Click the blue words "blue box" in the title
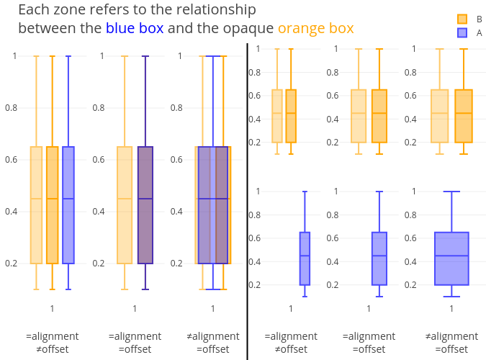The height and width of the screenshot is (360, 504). coord(135,28)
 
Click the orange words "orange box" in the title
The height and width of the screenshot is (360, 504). coord(315,29)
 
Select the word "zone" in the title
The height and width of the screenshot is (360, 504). coord(70,9)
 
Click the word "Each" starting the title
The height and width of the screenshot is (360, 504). coord(34,9)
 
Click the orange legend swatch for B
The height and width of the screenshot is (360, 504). coord(462,19)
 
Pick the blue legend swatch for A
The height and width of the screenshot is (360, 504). coord(462,33)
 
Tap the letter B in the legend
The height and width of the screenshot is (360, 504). coord(480,19)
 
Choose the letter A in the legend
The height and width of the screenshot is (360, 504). coord(480,33)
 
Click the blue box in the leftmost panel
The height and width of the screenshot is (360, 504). coord(68,205)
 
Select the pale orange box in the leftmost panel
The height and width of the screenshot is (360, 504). coord(36,205)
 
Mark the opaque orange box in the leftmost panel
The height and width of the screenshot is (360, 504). coord(53,205)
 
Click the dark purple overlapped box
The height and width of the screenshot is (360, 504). coord(145,205)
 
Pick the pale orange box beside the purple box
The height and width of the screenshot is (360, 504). coord(125,205)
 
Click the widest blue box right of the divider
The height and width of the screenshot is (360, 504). coord(451,258)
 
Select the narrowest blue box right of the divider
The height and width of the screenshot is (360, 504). coord(305,258)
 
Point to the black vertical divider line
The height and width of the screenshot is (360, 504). coord(247,202)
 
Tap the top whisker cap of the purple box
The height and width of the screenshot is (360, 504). coord(145,56)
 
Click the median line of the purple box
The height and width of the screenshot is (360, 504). coord(145,199)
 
